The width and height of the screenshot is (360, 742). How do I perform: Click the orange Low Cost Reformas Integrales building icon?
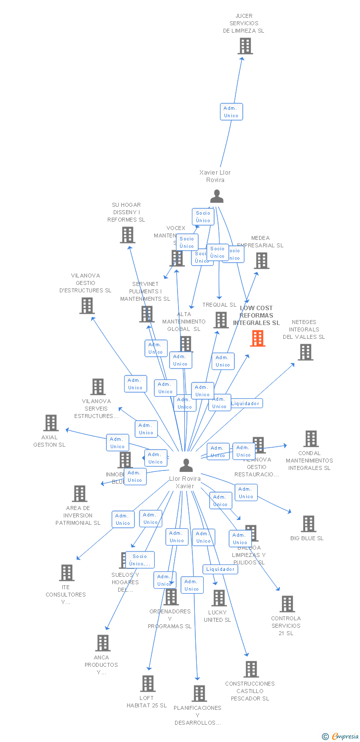pyautogui.click(x=258, y=338)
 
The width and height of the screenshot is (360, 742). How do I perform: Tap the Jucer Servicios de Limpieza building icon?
pyautogui.click(x=245, y=46)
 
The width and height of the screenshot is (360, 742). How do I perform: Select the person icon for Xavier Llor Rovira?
pyautogui.click(x=217, y=196)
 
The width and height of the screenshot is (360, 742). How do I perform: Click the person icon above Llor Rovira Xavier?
pyautogui.click(x=186, y=465)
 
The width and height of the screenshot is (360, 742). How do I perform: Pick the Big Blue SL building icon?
pyautogui.click(x=308, y=524)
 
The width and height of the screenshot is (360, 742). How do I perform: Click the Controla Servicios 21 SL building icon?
pyautogui.click(x=287, y=604)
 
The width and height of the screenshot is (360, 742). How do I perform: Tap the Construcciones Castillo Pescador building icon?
pyautogui.click(x=251, y=669)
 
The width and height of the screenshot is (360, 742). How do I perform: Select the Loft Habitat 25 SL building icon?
pyautogui.click(x=147, y=684)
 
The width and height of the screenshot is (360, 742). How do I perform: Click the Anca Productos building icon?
pyautogui.click(x=102, y=643)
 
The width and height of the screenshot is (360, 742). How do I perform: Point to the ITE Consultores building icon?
pyautogui.click(x=66, y=573)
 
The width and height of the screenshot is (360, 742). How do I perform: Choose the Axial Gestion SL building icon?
pyautogui.click(x=51, y=423)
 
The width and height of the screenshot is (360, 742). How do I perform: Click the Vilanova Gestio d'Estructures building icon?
pyautogui.click(x=87, y=306)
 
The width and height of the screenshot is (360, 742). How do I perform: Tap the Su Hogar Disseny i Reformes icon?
pyautogui.click(x=127, y=235)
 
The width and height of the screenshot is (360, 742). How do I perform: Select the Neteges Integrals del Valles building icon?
pyautogui.click(x=305, y=352)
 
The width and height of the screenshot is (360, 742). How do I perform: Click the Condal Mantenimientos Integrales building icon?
pyautogui.click(x=311, y=439)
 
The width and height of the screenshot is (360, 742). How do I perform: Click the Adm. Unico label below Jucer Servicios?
pyautogui.click(x=231, y=112)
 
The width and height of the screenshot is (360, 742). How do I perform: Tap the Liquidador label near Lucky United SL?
pyautogui.click(x=221, y=569)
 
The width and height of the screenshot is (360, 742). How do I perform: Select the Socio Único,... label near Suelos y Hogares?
pyautogui.click(x=140, y=560)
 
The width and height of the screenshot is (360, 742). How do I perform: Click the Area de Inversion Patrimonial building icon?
pyautogui.click(x=79, y=494)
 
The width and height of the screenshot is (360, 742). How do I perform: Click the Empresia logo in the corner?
pyautogui.click(x=341, y=737)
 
